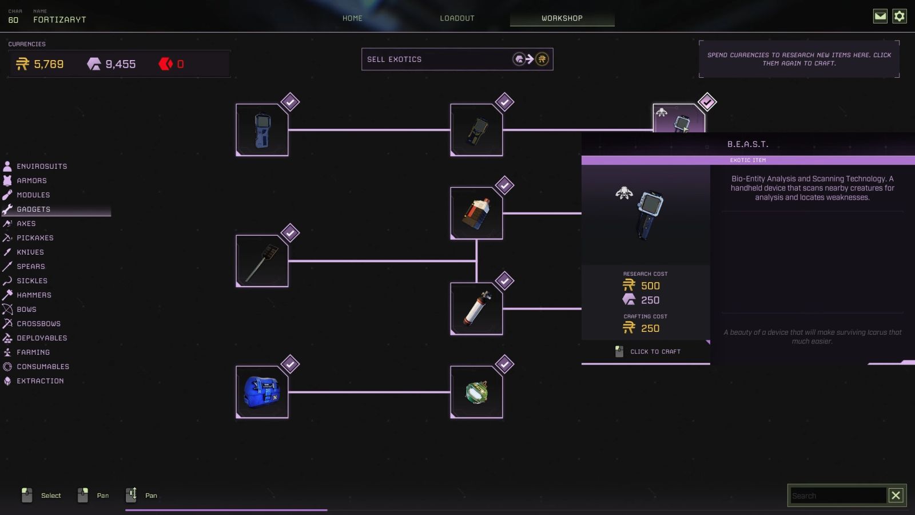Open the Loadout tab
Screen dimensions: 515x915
[457, 18]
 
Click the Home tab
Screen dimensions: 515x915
[352, 18]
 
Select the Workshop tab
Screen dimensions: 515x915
[562, 18]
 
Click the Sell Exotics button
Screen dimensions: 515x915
[457, 59]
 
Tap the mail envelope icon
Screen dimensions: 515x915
[880, 16]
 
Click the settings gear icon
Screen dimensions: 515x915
[900, 16]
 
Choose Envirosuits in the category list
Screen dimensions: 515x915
[42, 167]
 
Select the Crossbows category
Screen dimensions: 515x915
[38, 324]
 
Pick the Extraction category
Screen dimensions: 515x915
[40, 381]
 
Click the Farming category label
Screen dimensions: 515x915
[33, 352]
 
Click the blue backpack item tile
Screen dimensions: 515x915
[262, 392]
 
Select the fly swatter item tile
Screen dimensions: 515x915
[262, 261]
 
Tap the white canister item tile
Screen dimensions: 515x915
[476, 308]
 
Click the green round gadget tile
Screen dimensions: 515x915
[476, 392]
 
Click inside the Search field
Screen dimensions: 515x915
[838, 496]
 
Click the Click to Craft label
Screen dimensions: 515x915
[655, 352]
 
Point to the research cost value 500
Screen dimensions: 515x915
[650, 286]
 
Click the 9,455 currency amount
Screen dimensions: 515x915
[120, 64]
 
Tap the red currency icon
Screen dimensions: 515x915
[165, 64]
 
